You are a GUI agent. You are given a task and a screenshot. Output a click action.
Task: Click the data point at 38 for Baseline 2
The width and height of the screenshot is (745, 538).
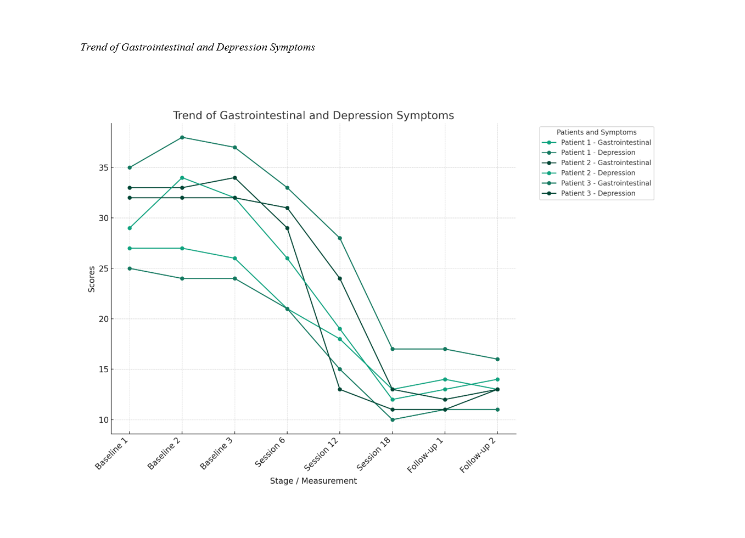[182, 137]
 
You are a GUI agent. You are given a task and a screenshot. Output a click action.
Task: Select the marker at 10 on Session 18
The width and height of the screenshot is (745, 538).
[393, 419]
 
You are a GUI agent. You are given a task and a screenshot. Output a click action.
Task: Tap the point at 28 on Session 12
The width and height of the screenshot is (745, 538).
[340, 238]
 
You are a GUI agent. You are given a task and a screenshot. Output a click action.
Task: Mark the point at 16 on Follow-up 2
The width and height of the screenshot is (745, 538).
[497, 359]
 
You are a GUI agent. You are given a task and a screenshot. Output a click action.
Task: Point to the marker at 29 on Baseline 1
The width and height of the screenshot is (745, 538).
[130, 228]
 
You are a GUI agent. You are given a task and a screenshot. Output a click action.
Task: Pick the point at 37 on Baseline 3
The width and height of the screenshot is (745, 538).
[235, 147]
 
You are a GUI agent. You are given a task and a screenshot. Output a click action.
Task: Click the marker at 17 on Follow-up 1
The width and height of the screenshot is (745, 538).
[445, 349]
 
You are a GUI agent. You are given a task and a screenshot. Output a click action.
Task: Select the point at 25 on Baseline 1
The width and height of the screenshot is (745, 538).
[130, 268]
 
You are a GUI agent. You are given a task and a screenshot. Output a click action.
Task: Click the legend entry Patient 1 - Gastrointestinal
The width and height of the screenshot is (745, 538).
[606, 143]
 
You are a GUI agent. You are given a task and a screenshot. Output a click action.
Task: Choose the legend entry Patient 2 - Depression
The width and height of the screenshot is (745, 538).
[598, 173]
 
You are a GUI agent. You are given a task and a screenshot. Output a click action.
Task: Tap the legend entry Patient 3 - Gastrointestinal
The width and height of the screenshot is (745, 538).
[606, 183]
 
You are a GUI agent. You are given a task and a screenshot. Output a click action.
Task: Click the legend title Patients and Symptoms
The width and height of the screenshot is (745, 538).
[596, 132]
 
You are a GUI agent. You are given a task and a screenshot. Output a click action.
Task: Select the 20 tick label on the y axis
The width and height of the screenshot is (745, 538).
[104, 319]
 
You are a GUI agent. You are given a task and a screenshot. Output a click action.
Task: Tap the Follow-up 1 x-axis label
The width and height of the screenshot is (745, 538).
[425, 455]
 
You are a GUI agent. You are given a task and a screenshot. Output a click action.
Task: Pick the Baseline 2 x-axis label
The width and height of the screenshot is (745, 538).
[164, 453]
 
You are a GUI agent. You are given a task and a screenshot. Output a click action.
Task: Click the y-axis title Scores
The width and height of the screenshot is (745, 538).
[92, 279]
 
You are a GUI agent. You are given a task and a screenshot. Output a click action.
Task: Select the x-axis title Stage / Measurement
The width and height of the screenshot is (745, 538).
[313, 481]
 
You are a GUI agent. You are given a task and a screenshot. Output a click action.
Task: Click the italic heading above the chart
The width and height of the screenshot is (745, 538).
[198, 47]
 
